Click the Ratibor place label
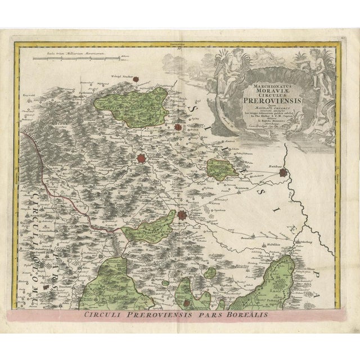273,167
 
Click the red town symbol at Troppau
182,214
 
